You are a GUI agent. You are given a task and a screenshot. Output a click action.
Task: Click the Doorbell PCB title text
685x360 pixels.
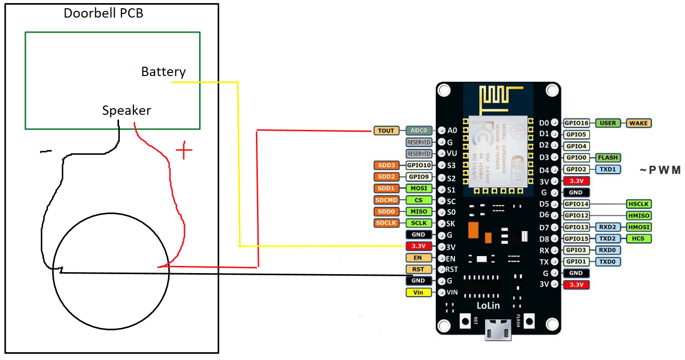(103, 13)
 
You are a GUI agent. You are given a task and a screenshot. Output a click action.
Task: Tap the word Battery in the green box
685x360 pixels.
(163, 72)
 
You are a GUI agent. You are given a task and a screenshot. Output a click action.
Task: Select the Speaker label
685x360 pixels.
(127, 110)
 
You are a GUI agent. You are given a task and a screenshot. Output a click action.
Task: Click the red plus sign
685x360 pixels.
(184, 152)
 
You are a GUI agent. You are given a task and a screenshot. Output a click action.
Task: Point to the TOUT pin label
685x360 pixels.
(386, 131)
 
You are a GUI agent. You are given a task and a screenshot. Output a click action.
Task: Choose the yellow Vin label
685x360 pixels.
(418, 292)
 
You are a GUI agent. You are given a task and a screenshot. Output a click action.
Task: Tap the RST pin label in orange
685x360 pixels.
(418, 269)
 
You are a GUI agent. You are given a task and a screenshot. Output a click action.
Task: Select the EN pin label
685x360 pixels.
(418, 258)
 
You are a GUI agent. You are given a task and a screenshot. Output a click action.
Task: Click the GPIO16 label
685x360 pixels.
(576, 123)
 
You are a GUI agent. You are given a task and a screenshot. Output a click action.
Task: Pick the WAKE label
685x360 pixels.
(638, 123)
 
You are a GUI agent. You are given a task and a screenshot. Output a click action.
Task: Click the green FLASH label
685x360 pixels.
(607, 157)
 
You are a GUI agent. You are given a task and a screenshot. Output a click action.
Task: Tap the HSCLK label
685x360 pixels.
(638, 204)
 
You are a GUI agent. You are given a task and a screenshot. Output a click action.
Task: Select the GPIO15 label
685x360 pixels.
(576, 238)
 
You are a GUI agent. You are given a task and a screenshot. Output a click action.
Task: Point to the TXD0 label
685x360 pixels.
(608, 262)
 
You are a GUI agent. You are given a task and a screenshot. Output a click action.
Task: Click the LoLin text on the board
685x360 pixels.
(488, 305)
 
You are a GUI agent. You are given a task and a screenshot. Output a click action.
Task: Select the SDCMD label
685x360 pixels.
(386, 200)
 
